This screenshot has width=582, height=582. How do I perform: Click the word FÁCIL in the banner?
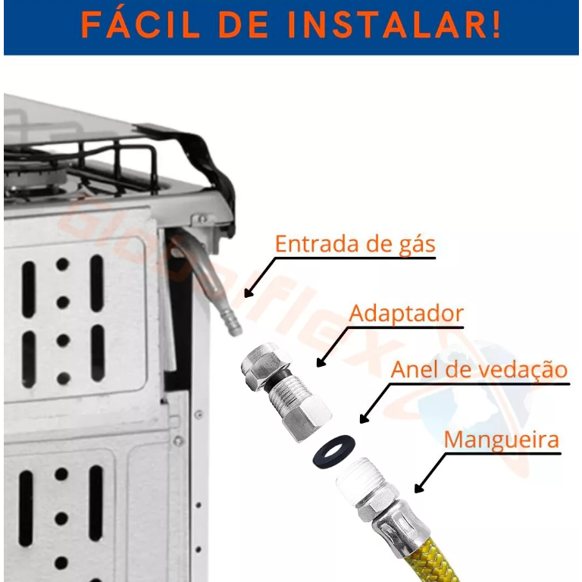click(x=140, y=25)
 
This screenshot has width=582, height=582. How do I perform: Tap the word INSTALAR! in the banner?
click(x=394, y=25)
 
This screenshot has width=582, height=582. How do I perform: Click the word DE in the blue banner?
click(x=243, y=25)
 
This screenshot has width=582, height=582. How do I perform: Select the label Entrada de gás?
click(x=355, y=245)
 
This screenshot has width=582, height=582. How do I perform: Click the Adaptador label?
click(x=406, y=314)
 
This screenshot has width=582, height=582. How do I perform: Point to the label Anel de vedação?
click(x=479, y=370)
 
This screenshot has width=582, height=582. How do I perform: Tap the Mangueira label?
click(x=502, y=440)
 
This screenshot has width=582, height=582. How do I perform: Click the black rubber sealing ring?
click(x=334, y=452)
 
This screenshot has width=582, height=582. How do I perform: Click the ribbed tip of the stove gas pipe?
click(x=231, y=322)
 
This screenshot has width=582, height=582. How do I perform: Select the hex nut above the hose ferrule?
click(x=377, y=501)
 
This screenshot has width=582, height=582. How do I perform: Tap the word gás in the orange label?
click(x=418, y=246)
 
